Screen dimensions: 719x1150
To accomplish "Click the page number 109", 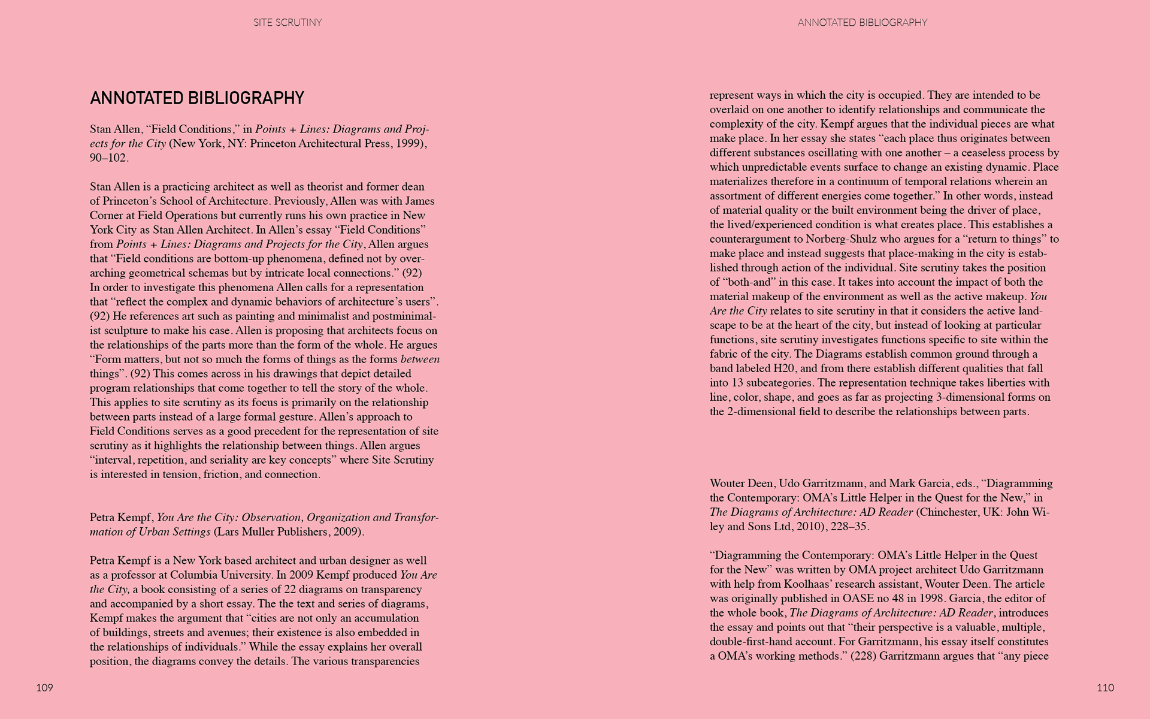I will click(x=45, y=688).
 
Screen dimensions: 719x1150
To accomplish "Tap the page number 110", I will click(x=1105, y=688).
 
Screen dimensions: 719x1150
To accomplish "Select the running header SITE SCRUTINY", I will click(x=287, y=23).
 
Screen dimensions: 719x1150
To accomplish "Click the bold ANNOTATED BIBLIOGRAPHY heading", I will click(x=197, y=98).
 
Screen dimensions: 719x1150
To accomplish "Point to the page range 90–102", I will click(x=109, y=158).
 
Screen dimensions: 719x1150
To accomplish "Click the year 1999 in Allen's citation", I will click(x=410, y=144).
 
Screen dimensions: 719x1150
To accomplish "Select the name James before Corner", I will click(x=420, y=201).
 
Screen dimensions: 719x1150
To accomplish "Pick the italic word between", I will click(x=420, y=359).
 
